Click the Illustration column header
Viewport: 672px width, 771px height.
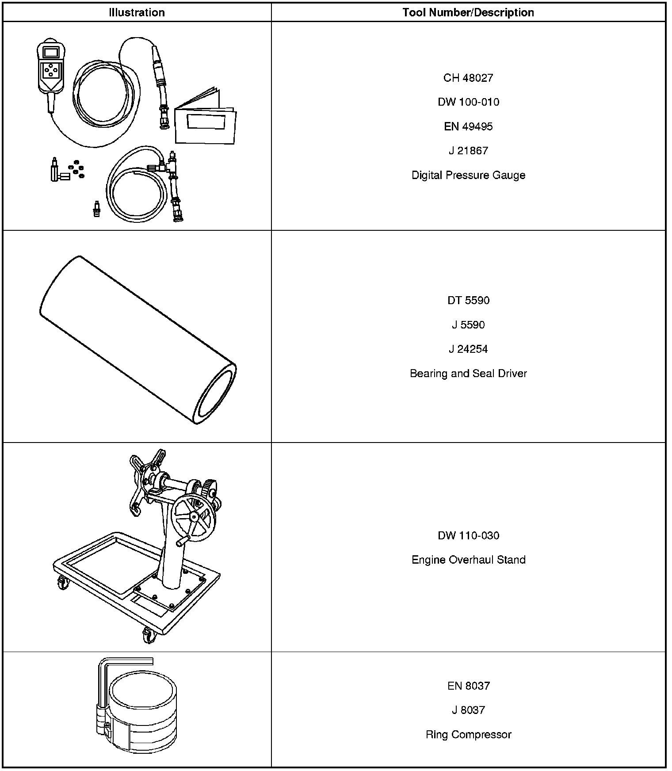click(x=137, y=12)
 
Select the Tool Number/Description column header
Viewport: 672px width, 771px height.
click(x=468, y=12)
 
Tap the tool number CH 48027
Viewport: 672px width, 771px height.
click(x=468, y=78)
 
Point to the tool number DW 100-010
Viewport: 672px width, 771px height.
click(x=468, y=102)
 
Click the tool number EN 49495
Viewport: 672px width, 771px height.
click(x=468, y=126)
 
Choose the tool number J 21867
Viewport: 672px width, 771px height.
click(x=468, y=151)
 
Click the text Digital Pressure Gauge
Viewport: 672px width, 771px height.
click(x=468, y=175)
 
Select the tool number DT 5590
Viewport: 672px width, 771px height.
click(x=468, y=301)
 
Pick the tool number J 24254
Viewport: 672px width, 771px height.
click(x=468, y=349)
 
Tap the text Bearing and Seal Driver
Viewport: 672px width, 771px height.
click(x=468, y=374)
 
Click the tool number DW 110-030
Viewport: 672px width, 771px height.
click(x=468, y=536)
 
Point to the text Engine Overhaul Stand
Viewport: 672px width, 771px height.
click(x=468, y=560)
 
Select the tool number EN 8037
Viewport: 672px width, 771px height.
click(x=468, y=686)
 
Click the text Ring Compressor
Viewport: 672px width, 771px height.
click(x=468, y=735)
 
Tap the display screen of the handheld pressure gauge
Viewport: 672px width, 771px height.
click(x=51, y=52)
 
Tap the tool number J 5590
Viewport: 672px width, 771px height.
click(x=468, y=325)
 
